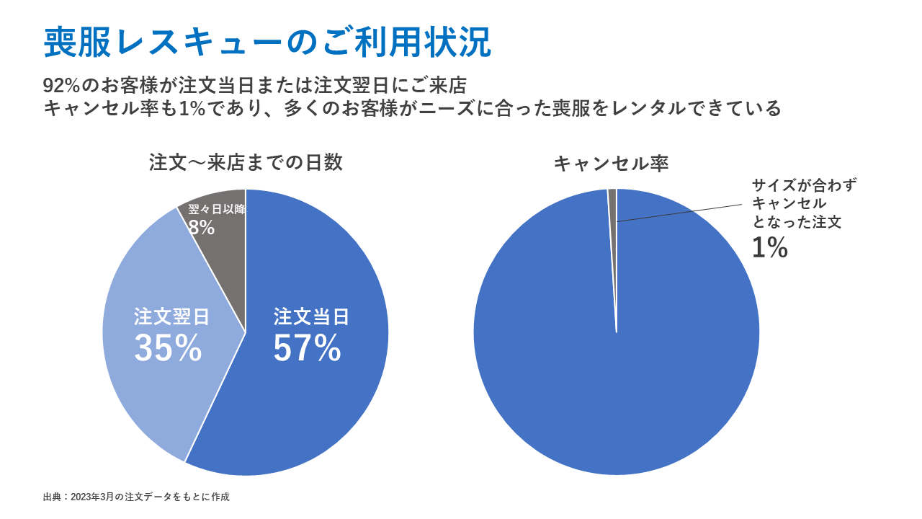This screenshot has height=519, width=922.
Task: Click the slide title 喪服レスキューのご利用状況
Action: (x=267, y=43)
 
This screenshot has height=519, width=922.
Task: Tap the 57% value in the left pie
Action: (x=307, y=349)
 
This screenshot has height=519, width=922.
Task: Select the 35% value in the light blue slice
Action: (x=168, y=349)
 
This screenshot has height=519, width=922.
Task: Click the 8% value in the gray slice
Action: (x=202, y=228)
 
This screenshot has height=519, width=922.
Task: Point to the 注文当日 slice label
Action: (x=311, y=317)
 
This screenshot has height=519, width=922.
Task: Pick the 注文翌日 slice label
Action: (x=171, y=317)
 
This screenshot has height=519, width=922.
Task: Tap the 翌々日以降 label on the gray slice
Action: (x=217, y=210)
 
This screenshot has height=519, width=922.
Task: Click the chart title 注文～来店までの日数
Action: (x=246, y=163)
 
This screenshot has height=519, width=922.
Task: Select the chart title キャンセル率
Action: (x=611, y=164)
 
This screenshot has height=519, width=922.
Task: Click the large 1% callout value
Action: (x=769, y=248)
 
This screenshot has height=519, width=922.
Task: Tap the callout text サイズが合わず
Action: (x=804, y=185)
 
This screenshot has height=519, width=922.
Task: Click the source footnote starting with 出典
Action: (x=136, y=497)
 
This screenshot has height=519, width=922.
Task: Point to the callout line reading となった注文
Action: (x=797, y=223)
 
